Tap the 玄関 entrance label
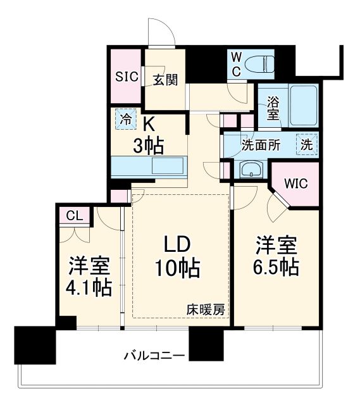[164, 79]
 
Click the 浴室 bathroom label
[273, 108]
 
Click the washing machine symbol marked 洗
[307, 144]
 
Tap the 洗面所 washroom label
[260, 144]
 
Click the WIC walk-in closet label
[295, 184]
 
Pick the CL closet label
[75, 216]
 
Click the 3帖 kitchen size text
[150, 146]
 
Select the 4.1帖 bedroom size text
[89, 287]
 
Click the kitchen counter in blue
[149, 168]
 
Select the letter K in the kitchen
[147, 123]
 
